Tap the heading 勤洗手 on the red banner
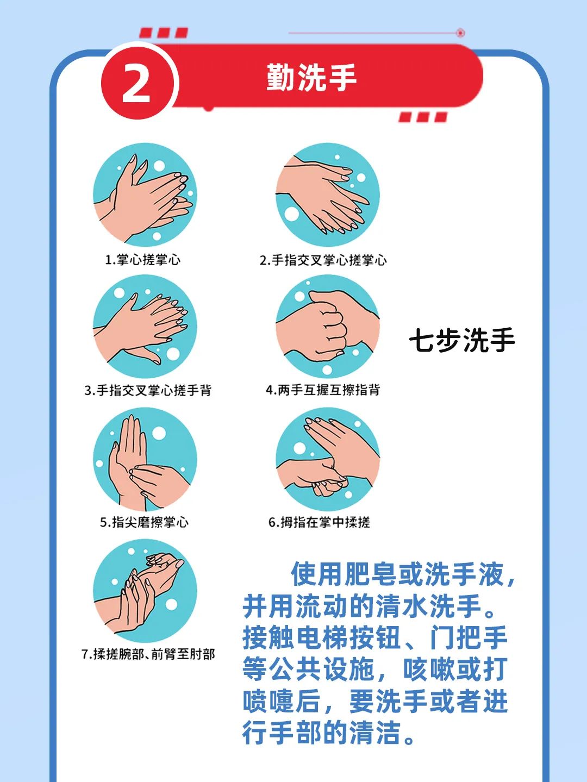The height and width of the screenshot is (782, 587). (311, 77)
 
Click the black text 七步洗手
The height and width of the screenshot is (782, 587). (462, 340)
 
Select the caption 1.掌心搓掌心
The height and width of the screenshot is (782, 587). (142, 259)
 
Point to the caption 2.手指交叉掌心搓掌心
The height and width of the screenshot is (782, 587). (323, 260)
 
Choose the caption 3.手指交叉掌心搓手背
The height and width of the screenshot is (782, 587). (148, 390)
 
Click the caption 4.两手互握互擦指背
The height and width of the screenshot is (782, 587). (323, 390)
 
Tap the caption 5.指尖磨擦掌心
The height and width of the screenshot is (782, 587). (144, 522)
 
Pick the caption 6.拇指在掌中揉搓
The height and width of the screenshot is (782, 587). (319, 522)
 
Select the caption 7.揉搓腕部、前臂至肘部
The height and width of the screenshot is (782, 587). (148, 654)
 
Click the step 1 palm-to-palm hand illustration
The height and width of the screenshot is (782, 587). (145, 195)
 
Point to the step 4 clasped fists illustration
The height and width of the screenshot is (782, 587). (328, 327)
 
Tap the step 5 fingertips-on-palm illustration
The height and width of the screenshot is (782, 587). (145, 459)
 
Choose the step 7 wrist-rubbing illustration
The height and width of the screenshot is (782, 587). (145, 591)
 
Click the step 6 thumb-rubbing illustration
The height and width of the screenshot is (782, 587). (328, 459)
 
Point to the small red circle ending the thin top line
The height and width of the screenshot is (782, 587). (460, 33)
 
